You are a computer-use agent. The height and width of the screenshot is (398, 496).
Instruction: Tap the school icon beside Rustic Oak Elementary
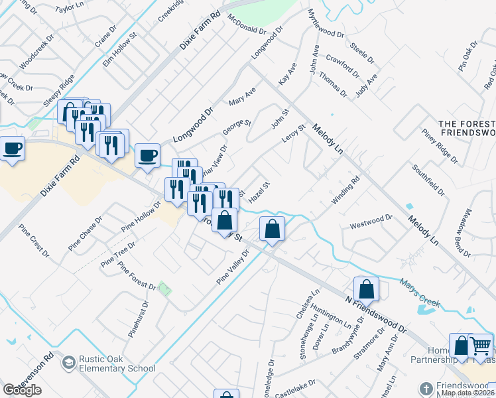pyautogui.click(x=68, y=363)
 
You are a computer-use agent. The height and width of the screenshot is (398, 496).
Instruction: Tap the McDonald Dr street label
pyautogui.click(x=246, y=25)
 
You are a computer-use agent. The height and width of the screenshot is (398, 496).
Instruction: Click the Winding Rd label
pyautogui.click(x=345, y=190)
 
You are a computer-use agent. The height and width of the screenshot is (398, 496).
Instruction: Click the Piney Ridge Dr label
pyautogui.click(x=438, y=149)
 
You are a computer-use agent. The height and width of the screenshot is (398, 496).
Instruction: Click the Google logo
pyautogui.click(x=22, y=390)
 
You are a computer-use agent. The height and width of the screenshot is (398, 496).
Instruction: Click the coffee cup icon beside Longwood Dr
pyautogui.click(x=147, y=155)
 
